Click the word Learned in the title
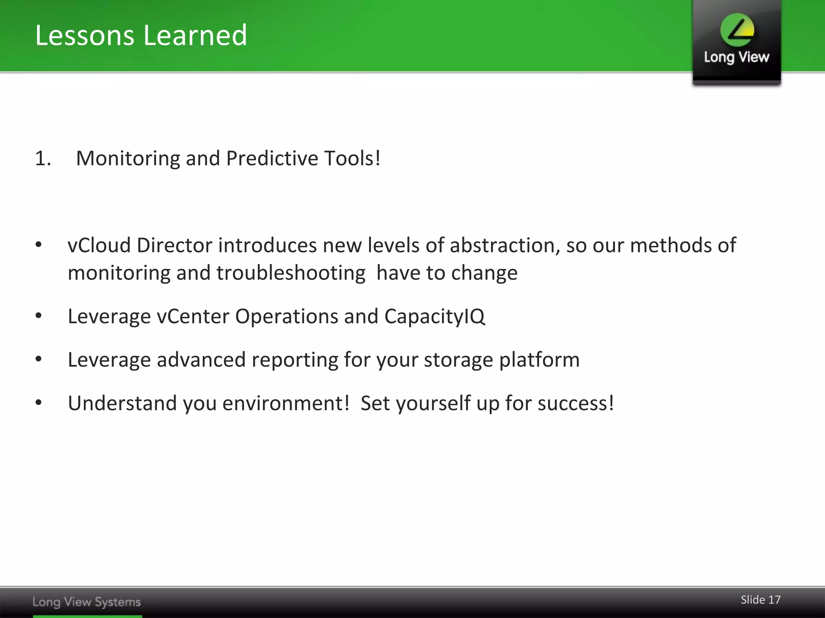coord(195,35)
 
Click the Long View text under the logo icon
coord(736,57)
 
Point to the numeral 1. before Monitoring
coord(43,158)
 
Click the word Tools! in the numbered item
coord(352,158)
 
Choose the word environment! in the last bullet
coord(286,403)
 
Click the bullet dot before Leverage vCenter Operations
coord(39,316)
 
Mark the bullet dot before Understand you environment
coord(39,403)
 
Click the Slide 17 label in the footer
coord(760,600)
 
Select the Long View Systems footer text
coord(87,602)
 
